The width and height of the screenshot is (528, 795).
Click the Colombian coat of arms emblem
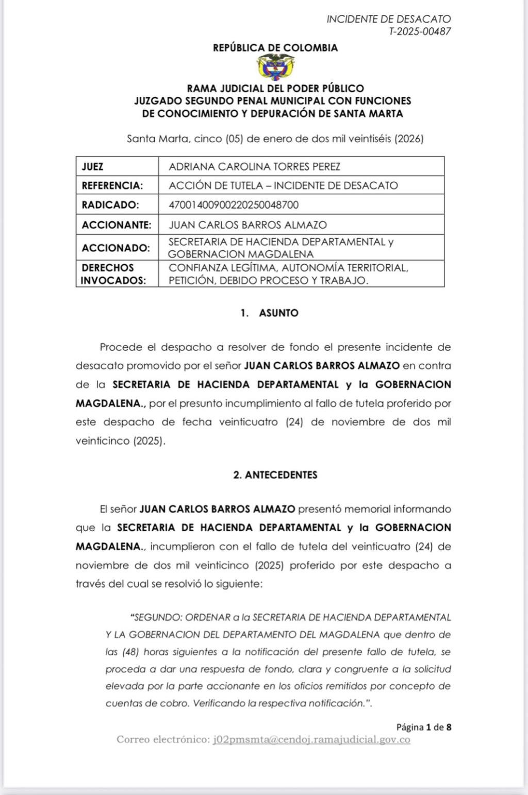[275, 67]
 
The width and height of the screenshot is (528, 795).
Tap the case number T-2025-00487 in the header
[420, 31]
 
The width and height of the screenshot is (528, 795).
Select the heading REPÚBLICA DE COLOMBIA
[275, 48]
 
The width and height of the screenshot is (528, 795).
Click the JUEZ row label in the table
[93, 166]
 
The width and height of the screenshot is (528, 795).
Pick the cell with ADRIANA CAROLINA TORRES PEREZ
[255, 166]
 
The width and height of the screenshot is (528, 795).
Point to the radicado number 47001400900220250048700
[234, 205]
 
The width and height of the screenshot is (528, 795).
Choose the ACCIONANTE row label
[117, 225]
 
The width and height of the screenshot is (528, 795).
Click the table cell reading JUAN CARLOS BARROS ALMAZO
[248, 225]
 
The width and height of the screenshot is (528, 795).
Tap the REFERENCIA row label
[112, 185]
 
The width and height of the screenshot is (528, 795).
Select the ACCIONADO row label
[116, 248]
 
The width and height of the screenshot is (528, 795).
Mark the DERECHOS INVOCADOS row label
[113, 274]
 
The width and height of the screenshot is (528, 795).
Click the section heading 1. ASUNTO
[270, 313]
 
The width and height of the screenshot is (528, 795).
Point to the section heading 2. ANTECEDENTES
[275, 475]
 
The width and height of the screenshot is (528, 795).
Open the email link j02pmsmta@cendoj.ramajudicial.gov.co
[311, 740]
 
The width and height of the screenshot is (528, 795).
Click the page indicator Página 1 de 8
[423, 727]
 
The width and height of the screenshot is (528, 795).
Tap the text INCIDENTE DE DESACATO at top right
[388, 19]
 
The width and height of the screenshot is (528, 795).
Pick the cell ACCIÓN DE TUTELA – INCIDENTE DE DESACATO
[283, 185]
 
